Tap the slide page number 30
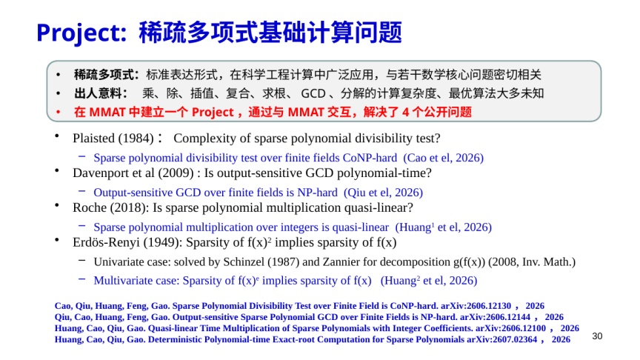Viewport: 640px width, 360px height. tap(597, 336)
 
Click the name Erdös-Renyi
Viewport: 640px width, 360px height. tap(106, 242)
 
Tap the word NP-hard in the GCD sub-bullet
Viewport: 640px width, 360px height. tap(317, 193)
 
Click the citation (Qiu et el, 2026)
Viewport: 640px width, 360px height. tap(383, 193)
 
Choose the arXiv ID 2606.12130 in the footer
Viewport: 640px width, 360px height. tap(488, 306)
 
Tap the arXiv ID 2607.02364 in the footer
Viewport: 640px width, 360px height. tap(514, 339)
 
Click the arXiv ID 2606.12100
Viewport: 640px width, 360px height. tap(523, 329)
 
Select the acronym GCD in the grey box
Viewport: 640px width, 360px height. tap(313, 94)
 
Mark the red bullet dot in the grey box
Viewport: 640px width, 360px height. tap(59, 112)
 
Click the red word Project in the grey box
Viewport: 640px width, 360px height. tap(213, 113)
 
